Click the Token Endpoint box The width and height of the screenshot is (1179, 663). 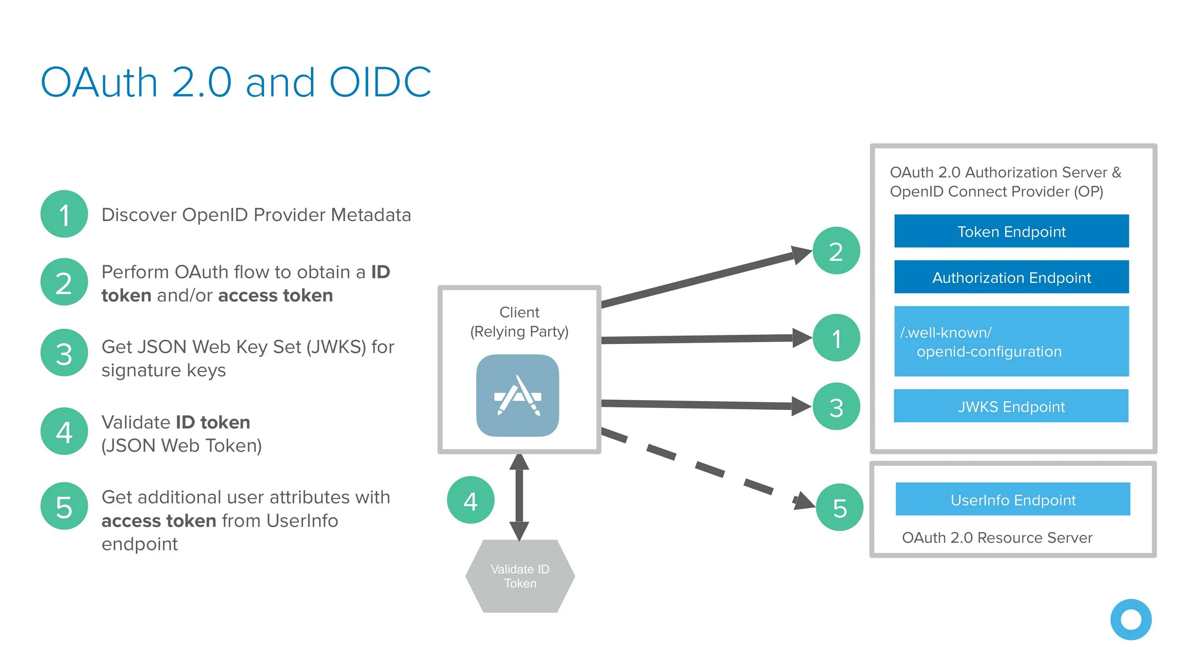click(1012, 231)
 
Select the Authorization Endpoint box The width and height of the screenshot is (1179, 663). click(1012, 277)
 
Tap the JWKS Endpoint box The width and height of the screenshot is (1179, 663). click(1011, 406)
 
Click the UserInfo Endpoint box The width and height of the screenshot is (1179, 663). click(1013, 499)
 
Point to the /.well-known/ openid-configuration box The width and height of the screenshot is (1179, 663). click(1012, 341)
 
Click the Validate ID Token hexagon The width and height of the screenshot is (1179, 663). click(520, 576)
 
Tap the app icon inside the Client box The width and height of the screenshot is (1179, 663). click(518, 396)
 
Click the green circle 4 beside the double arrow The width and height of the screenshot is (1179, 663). click(470, 500)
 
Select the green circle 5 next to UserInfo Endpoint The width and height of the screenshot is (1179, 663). click(839, 507)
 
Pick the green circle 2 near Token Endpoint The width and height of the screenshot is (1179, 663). click(836, 251)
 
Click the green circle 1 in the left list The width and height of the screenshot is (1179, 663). click(64, 214)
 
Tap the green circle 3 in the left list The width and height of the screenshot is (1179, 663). click(64, 353)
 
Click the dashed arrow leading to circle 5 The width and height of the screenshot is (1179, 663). click(709, 469)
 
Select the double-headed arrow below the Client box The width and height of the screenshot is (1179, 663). click(519, 497)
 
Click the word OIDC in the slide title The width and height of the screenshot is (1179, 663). click(380, 82)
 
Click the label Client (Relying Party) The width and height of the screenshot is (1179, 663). click(519, 322)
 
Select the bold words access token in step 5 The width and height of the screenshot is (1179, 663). click(159, 521)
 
